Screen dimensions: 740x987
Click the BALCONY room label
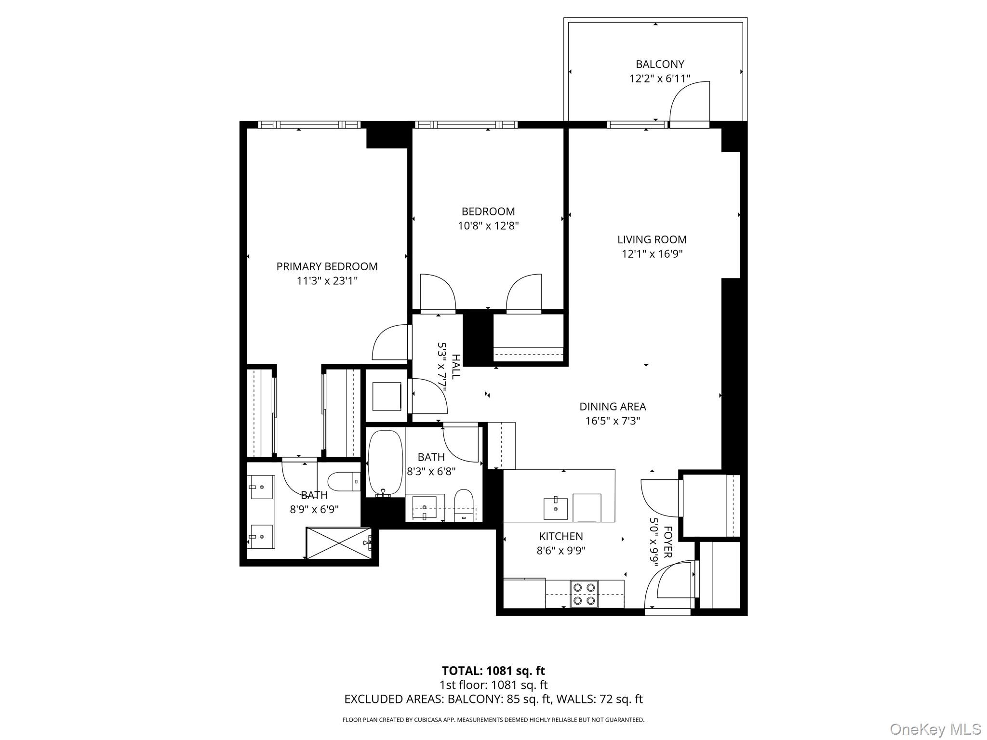pyautogui.click(x=659, y=64)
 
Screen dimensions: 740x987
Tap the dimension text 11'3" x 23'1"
pyautogui.click(x=327, y=281)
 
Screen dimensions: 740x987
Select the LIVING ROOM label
pyautogui.click(x=652, y=239)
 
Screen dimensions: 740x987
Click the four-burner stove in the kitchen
pyautogui.click(x=584, y=594)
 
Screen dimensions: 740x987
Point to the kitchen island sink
pyautogui.click(x=555, y=509)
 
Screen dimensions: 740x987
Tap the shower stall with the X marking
pyautogui.click(x=339, y=543)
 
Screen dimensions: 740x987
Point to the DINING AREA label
pyautogui.click(x=612, y=407)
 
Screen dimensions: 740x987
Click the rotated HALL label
pyautogui.click(x=455, y=366)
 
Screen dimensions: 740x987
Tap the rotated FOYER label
pyautogui.click(x=667, y=542)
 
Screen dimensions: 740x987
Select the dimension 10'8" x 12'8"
pyautogui.click(x=488, y=226)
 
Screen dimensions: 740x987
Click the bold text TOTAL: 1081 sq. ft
pyautogui.click(x=493, y=671)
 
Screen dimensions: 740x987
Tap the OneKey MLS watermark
pyautogui.click(x=935, y=729)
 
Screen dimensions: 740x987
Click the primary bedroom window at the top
pyautogui.click(x=308, y=125)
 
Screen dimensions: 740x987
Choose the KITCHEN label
pyautogui.click(x=560, y=536)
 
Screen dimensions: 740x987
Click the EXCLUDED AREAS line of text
pyautogui.click(x=493, y=699)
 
